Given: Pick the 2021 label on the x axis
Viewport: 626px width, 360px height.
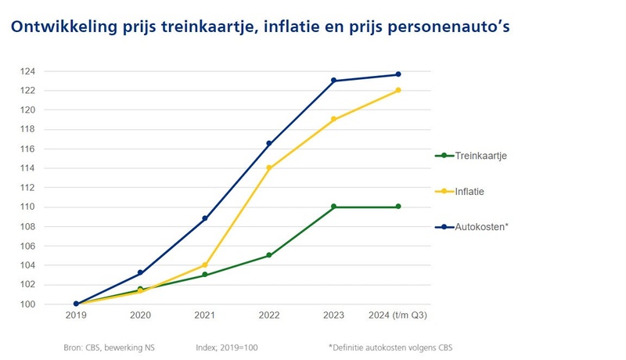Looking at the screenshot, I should [205, 316].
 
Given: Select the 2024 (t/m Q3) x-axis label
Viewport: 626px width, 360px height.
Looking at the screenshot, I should [398, 316].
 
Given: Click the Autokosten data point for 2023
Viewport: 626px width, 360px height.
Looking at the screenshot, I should [333, 81].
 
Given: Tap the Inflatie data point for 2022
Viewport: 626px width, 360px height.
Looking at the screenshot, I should [269, 168].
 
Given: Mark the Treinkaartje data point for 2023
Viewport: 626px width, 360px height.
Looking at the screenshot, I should [333, 207].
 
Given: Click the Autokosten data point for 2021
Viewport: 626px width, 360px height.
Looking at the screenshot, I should [205, 218].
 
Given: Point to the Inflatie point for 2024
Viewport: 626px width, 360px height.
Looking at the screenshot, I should [398, 90].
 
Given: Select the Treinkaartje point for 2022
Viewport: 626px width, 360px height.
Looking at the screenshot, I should [269, 255].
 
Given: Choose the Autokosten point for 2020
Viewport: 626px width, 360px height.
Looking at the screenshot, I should [141, 272].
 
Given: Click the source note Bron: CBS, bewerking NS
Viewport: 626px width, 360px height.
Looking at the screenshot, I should [110, 346].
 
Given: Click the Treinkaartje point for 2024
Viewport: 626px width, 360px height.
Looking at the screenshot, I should [398, 207].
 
